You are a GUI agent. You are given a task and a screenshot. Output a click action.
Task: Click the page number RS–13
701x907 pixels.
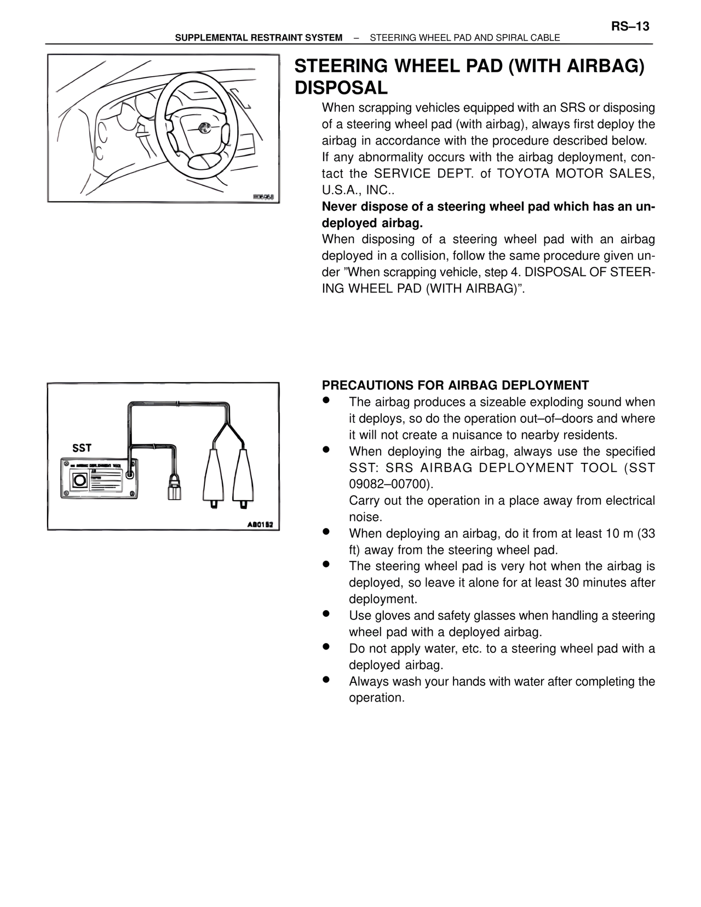point(630,26)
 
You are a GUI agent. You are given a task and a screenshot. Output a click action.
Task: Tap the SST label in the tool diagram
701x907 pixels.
point(82,448)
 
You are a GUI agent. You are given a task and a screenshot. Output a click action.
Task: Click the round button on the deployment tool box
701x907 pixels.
point(79,480)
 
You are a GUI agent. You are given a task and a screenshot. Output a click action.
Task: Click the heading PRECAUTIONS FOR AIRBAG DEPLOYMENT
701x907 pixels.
point(455,385)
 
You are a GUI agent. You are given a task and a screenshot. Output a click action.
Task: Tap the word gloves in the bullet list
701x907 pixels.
point(392,616)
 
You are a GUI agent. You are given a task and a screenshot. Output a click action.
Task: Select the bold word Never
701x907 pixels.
point(339,206)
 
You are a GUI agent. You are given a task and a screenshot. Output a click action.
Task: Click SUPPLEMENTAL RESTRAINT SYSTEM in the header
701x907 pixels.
point(258,38)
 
